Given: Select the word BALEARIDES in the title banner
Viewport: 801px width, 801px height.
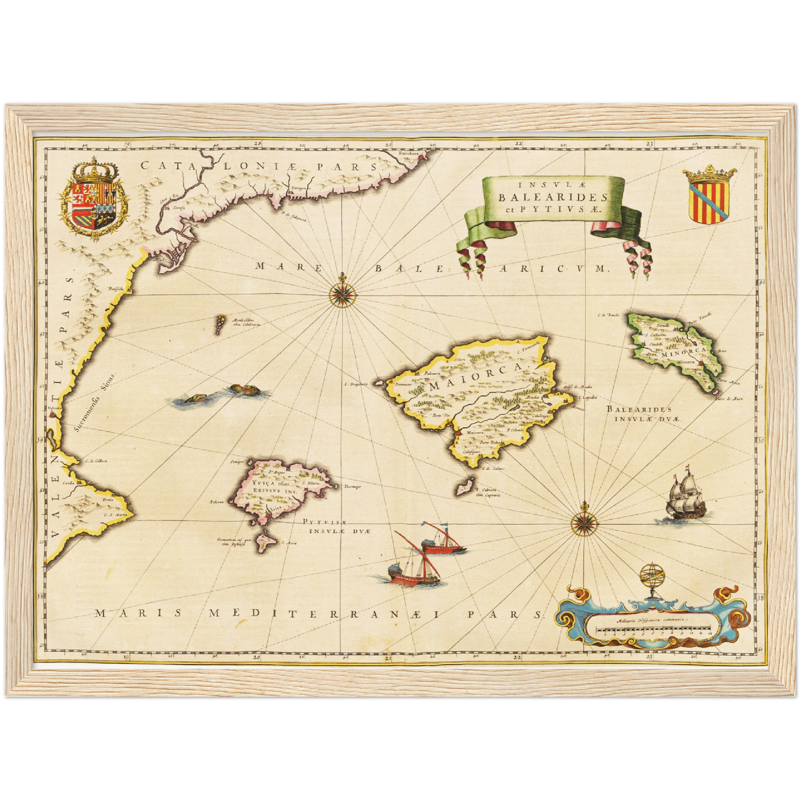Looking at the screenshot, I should point(553,197).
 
